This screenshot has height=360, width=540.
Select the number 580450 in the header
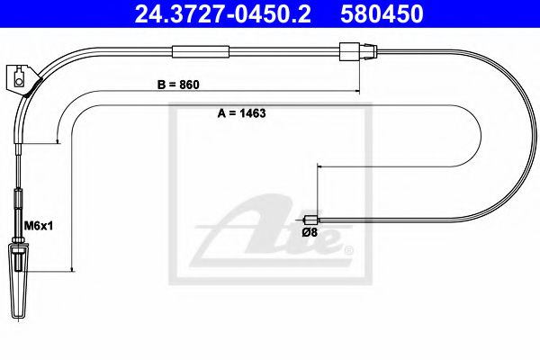tap(379, 13)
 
